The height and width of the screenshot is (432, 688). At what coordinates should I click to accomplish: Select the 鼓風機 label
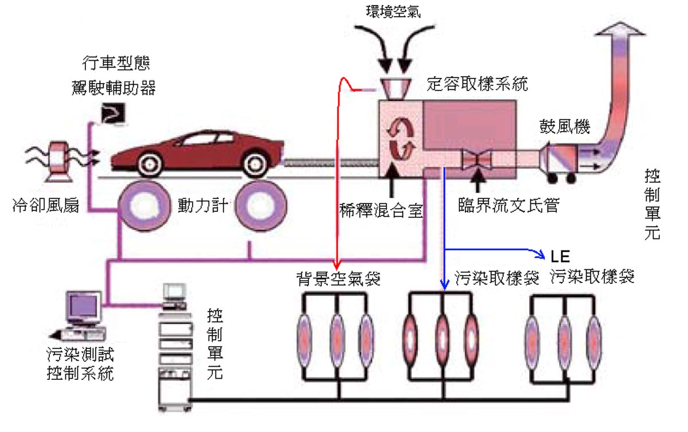pos(565,125)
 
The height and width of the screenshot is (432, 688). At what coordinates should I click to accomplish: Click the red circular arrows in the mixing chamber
pos(400,139)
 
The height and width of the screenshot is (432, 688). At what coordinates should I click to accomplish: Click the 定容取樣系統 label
pos(477,85)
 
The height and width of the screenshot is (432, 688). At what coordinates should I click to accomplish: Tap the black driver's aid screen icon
pos(111,114)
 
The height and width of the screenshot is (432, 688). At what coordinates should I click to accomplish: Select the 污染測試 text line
pos(80,355)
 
